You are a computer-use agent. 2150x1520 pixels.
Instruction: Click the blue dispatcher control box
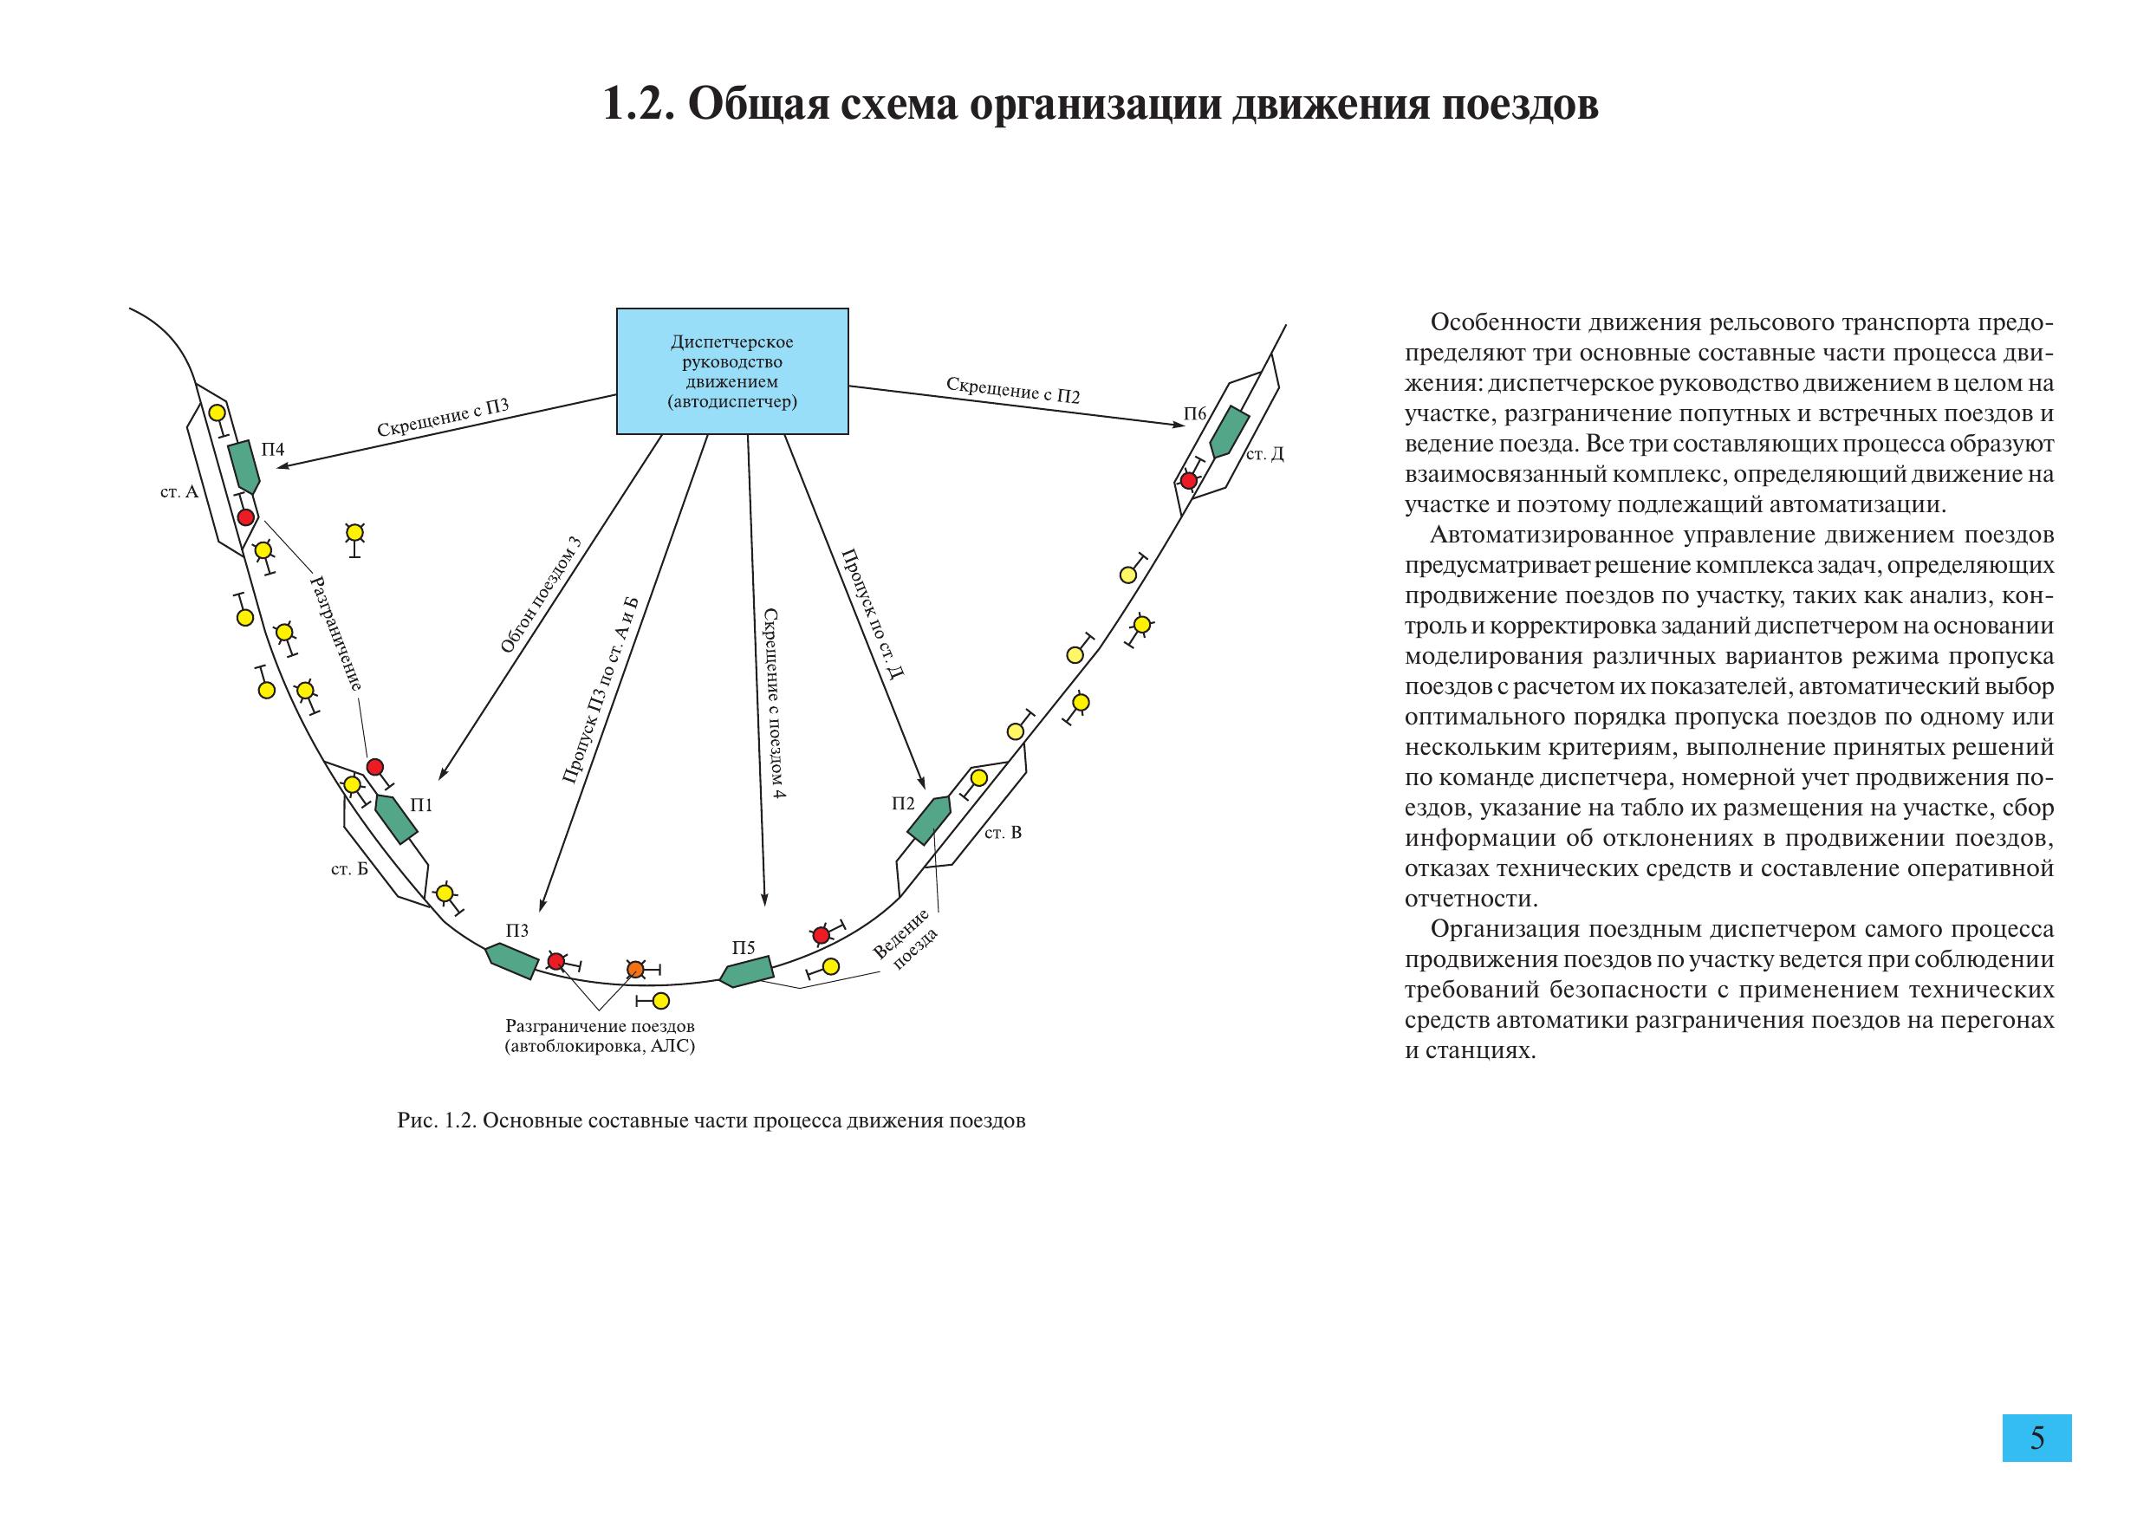click(731, 371)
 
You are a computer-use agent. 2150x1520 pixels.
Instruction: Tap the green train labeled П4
click(244, 466)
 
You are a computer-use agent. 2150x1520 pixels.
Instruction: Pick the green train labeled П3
click(511, 961)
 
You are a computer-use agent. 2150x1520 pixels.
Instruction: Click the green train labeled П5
click(746, 971)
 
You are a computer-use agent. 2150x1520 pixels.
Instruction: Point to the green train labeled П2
click(928, 820)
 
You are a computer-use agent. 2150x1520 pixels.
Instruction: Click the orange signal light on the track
click(636, 968)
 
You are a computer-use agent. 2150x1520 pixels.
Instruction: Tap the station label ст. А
click(179, 491)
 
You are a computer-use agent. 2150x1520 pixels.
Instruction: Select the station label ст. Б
click(349, 869)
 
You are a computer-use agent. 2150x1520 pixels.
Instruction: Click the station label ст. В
click(1003, 832)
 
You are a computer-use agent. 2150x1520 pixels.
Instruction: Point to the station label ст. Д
click(1265, 454)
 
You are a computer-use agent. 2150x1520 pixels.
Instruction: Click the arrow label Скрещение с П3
click(443, 418)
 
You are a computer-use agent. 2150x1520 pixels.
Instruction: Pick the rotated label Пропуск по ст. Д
click(872, 614)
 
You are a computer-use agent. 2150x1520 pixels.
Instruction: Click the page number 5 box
click(2036, 1438)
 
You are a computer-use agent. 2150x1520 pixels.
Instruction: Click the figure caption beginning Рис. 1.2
click(711, 1121)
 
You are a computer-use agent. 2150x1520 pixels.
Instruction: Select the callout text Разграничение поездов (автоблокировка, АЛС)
click(601, 1036)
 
